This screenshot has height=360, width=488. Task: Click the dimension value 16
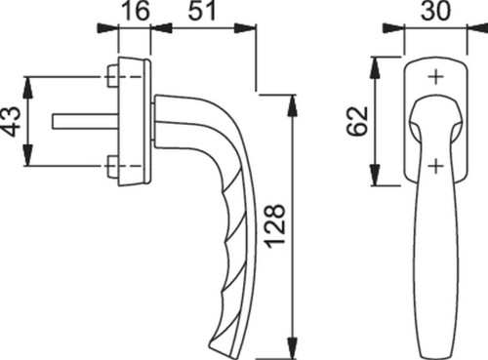136,11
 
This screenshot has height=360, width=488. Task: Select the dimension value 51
202,11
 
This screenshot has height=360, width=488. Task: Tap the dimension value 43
11,121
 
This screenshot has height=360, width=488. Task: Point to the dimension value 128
275,225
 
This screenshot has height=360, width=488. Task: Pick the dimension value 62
357,121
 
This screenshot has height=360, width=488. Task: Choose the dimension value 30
436,11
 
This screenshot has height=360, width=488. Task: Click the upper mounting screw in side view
112,77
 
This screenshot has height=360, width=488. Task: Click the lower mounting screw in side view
112,167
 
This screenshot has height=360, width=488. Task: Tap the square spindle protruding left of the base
85,121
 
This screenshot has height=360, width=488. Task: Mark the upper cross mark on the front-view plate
435,77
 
